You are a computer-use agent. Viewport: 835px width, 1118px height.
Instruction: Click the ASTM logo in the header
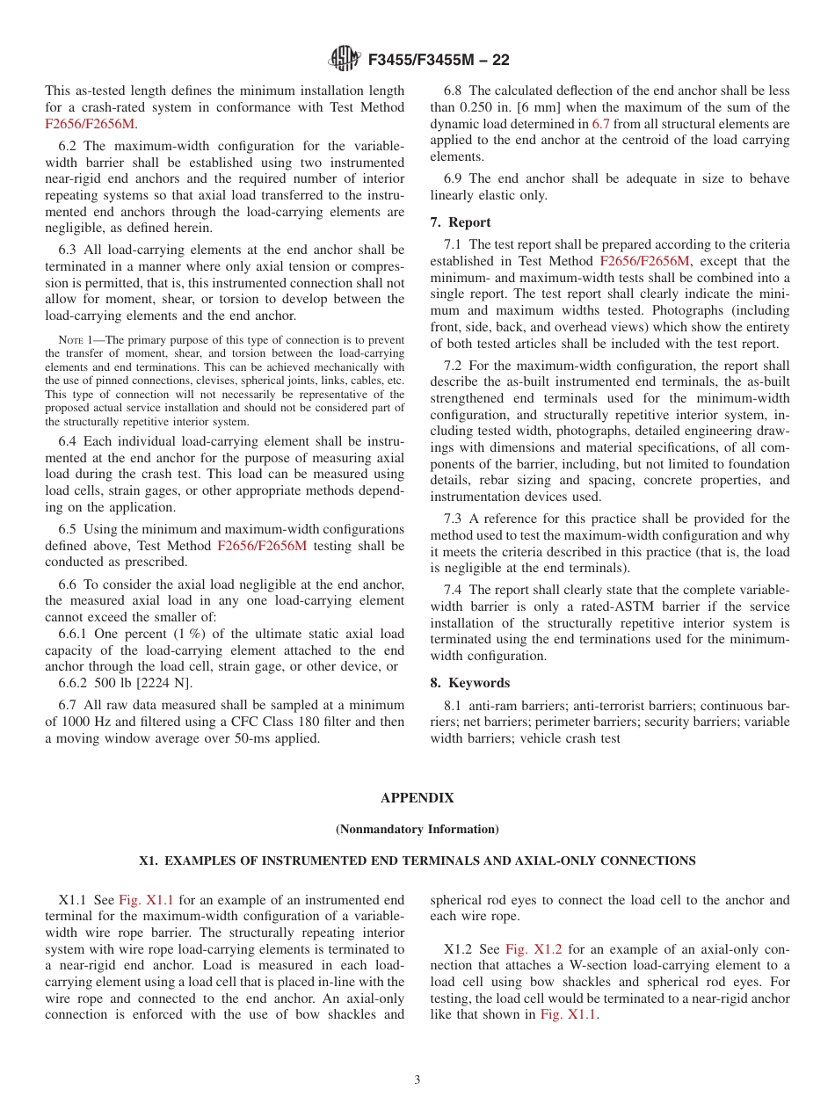(345, 60)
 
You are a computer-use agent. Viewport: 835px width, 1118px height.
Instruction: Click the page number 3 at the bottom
(417, 1080)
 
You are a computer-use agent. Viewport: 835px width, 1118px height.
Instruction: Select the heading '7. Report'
(461, 222)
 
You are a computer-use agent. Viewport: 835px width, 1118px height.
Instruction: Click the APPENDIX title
(417, 798)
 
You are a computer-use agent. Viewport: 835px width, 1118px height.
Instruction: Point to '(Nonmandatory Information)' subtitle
(417, 830)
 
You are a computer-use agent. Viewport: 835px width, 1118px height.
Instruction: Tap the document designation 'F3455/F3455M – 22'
(439, 61)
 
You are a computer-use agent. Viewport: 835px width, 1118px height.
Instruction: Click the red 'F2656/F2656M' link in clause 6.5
(263, 546)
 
